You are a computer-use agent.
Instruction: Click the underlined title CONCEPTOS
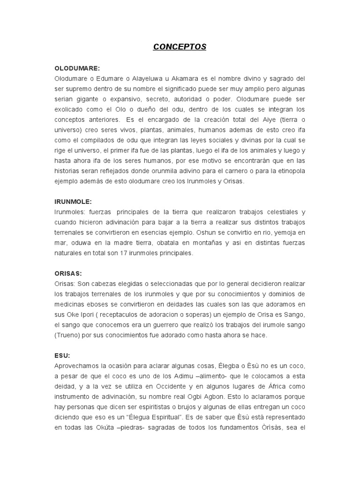pos(180,47)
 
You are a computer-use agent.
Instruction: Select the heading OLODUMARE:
pos(77,68)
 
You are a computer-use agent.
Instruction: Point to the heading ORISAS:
pos(68,273)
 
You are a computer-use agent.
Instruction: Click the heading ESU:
pos(62,355)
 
